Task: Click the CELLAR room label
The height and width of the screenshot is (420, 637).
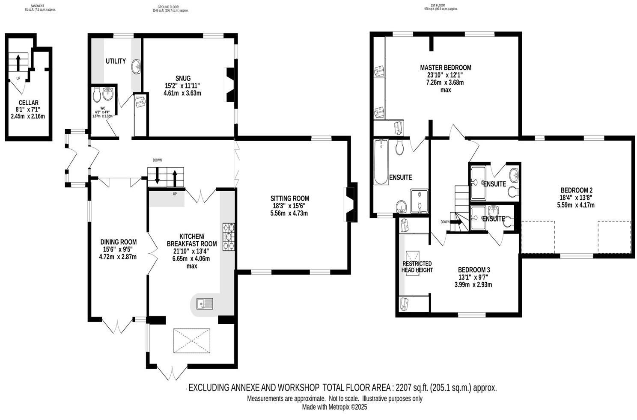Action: pos(28,103)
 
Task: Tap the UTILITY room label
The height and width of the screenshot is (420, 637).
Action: pos(116,61)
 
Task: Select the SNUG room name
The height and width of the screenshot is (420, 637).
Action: pos(182,78)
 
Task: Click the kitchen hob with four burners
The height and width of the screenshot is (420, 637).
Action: pos(228,237)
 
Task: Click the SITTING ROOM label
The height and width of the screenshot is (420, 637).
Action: pos(289,198)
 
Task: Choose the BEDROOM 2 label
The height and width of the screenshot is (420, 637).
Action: pos(576,190)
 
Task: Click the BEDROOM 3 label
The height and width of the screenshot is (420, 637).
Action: pos(473,270)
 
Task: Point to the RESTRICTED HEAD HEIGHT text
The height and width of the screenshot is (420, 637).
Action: pos(417,267)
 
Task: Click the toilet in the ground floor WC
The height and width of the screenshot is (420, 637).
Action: pos(97,93)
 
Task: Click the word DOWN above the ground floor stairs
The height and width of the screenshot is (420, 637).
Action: pos(157,160)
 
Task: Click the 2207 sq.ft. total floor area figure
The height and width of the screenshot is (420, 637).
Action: pos(411,388)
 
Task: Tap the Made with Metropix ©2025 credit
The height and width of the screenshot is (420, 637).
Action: pos(334,408)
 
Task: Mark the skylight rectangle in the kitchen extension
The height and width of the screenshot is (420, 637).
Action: pos(192,341)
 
